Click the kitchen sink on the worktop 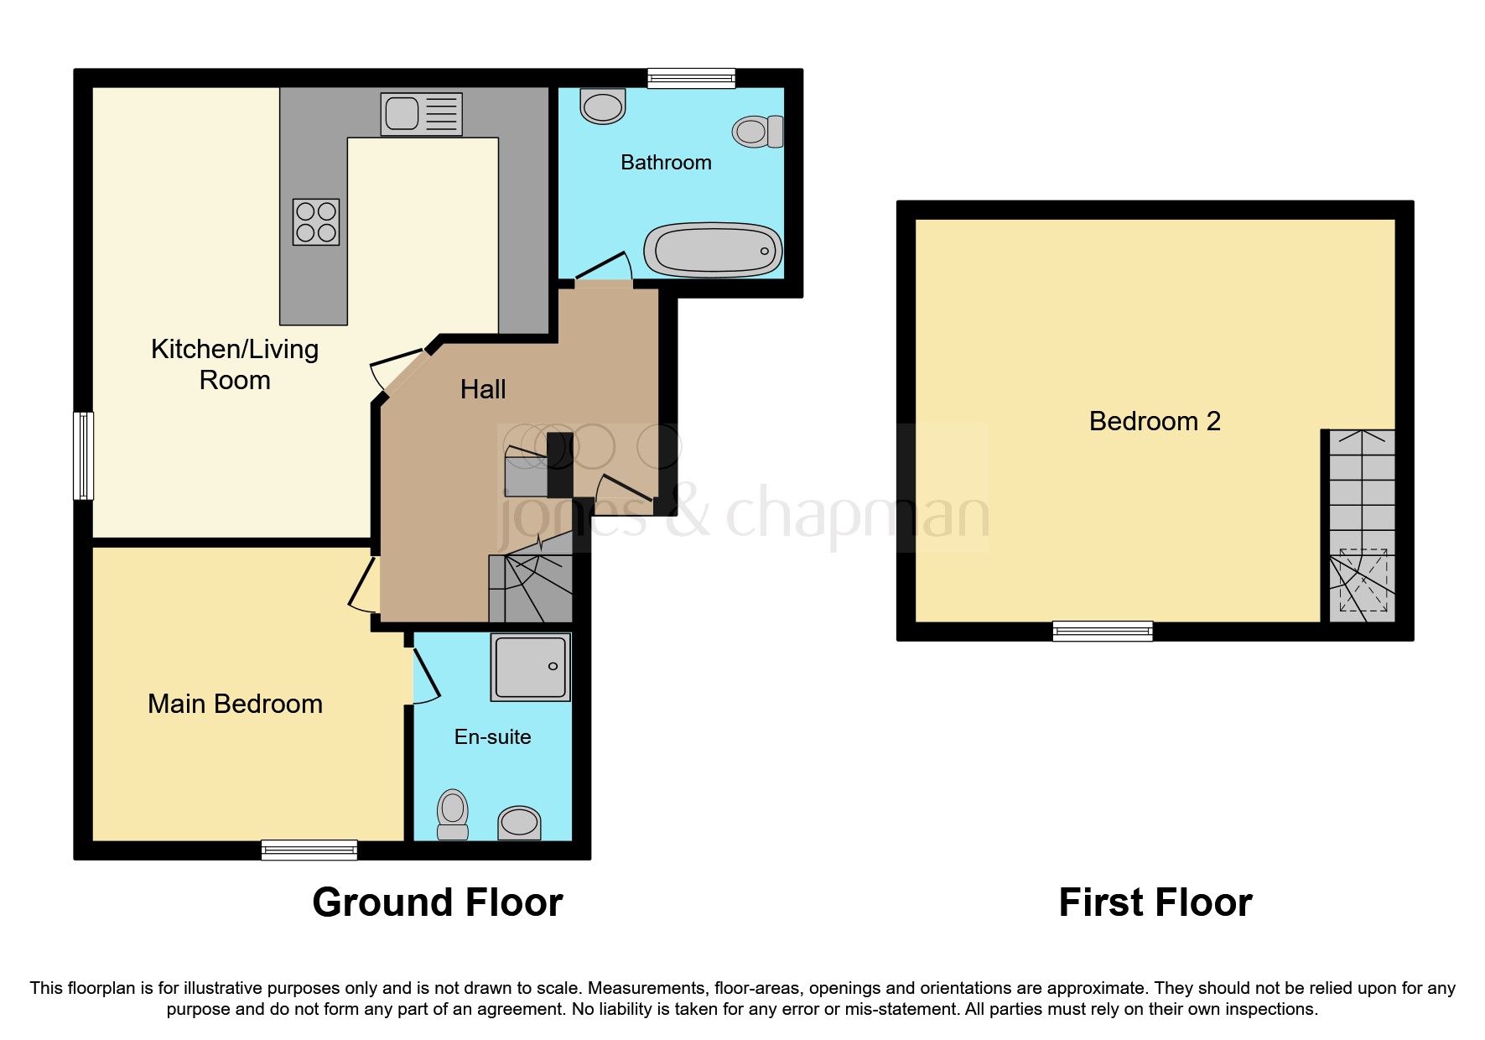[x=422, y=114]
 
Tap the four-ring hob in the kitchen [x=316, y=222]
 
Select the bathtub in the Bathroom [x=713, y=250]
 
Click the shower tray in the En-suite [x=531, y=668]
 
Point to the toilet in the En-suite [x=453, y=814]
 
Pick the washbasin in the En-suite [x=519, y=822]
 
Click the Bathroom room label [x=666, y=163]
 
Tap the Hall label [x=483, y=389]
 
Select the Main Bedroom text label [x=235, y=704]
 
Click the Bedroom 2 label [x=1155, y=421]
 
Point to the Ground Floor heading [x=437, y=903]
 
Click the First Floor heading [x=1155, y=903]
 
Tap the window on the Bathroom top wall [x=691, y=79]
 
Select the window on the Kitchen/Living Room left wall [x=83, y=455]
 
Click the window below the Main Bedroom [x=309, y=850]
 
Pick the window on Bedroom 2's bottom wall [x=1103, y=631]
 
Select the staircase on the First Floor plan [x=1363, y=526]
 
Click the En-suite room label [x=492, y=737]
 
